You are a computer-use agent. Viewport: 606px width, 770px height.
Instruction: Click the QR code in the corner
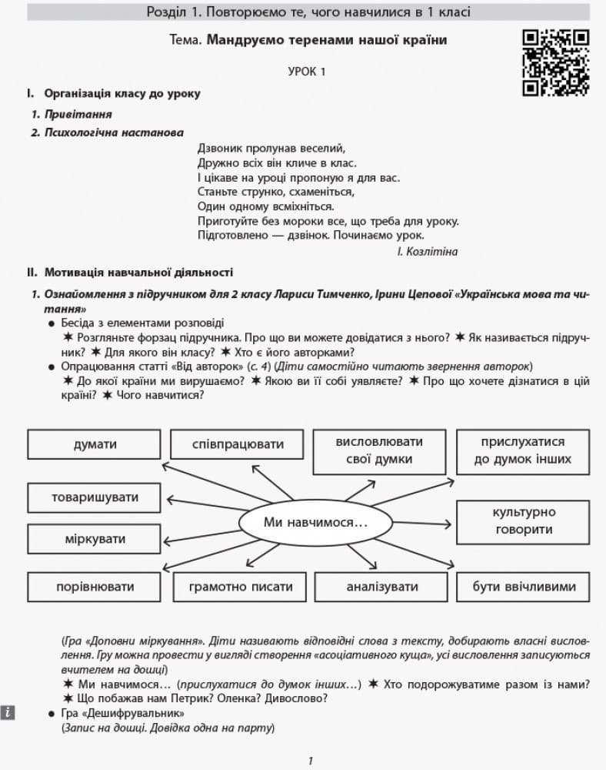555,62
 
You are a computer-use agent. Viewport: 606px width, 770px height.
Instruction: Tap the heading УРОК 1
307,72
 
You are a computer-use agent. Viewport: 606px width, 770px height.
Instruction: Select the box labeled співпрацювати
238,444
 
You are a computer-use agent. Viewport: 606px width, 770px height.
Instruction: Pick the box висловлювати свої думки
379,450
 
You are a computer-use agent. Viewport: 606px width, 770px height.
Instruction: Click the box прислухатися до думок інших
522,450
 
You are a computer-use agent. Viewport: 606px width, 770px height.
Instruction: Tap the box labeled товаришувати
95,497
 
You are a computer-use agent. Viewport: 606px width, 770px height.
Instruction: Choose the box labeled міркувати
95,538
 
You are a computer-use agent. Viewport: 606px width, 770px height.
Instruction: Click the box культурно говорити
523,521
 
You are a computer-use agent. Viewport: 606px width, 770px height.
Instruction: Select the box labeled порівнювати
95,587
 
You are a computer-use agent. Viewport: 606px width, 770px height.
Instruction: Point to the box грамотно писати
241,587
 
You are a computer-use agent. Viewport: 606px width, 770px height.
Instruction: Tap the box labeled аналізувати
381,587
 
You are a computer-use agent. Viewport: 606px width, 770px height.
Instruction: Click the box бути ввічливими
524,587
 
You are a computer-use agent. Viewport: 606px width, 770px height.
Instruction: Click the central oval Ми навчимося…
315,523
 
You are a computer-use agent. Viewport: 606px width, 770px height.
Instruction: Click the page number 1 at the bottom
310,761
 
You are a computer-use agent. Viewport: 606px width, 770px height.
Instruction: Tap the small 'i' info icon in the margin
8,712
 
